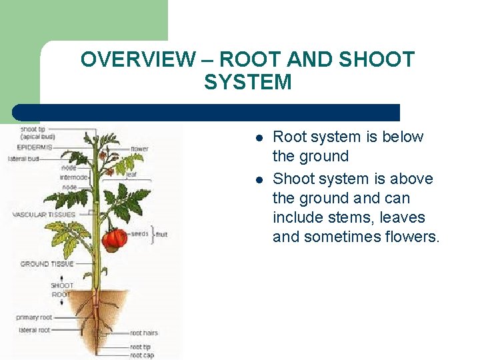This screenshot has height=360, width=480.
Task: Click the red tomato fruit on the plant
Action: click(113, 238)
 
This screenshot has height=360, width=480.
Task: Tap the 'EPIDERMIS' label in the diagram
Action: click(35, 147)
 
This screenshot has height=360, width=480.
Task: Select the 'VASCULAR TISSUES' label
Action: click(44, 215)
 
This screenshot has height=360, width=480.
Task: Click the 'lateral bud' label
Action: click(23, 159)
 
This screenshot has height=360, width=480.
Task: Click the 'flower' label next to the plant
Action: click(139, 149)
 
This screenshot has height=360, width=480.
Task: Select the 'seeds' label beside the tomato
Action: click(139, 233)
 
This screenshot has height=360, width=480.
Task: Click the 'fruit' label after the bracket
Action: click(162, 235)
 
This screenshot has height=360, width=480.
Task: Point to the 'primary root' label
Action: click(34, 317)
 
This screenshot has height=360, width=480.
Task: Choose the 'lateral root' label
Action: click(33, 329)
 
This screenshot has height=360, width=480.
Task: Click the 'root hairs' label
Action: click(144, 333)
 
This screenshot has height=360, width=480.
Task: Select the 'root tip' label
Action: click(140, 347)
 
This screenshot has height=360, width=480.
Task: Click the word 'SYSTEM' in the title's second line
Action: click(247, 83)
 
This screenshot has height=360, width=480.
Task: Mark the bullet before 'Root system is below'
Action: click(259, 137)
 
